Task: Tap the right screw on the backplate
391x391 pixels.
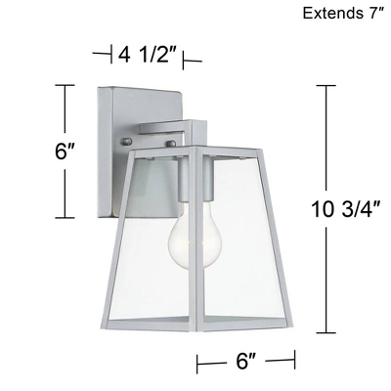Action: pyautogui.click(x=175, y=144)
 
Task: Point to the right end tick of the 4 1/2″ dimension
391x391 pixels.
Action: pyautogui.click(x=185, y=61)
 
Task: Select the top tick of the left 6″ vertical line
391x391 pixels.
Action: pyautogui.click(x=66, y=86)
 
